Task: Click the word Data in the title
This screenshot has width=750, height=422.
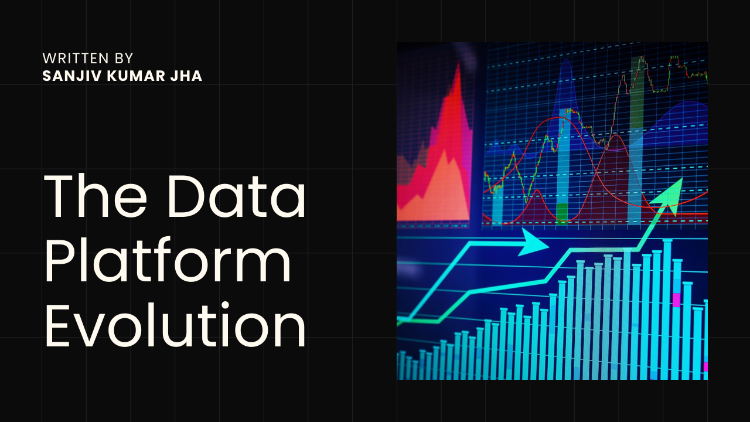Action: (237, 196)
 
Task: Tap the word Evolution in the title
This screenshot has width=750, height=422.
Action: (175, 327)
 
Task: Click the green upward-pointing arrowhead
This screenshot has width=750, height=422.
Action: (672, 194)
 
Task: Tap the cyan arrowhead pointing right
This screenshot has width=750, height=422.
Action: (534, 242)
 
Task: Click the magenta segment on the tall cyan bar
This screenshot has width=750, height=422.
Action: (677, 300)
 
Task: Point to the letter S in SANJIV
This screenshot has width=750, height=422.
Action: (46, 76)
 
